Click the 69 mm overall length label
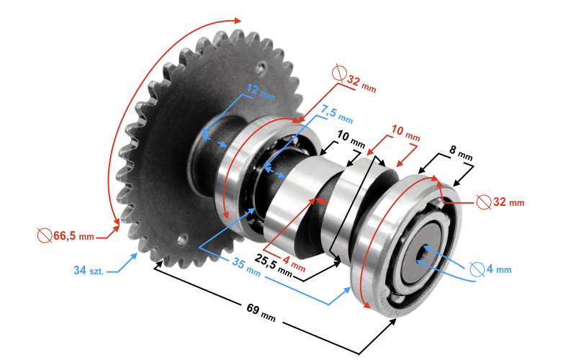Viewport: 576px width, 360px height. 261,312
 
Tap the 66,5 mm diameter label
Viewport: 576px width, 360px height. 74,236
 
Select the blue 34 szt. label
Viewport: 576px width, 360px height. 89,271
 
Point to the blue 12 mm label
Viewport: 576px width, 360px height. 261,91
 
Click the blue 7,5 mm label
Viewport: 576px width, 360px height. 336,114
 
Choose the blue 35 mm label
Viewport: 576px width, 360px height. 246,267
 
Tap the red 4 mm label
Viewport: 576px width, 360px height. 294,264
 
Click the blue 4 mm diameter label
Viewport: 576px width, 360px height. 499,269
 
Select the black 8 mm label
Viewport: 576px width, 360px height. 461,153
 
